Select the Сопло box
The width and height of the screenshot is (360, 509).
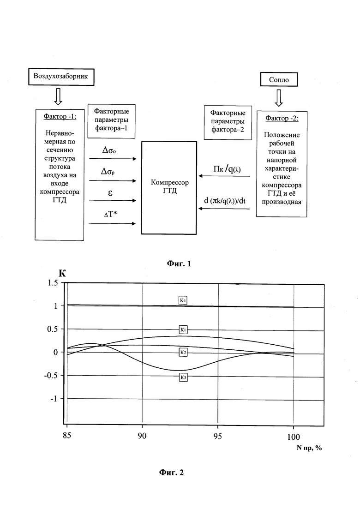279,79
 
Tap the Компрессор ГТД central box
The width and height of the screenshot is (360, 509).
170,187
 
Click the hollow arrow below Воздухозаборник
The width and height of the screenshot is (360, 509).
58,96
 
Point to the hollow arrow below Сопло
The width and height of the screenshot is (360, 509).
279,97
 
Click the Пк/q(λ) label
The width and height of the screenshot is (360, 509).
227,168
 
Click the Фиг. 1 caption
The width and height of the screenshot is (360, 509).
178,264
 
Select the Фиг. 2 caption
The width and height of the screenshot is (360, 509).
171,472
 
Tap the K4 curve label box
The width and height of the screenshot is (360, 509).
183,300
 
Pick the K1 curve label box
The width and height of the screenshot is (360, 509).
183,329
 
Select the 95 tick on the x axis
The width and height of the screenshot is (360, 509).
218,435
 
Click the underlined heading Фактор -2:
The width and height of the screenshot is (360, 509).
282,118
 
